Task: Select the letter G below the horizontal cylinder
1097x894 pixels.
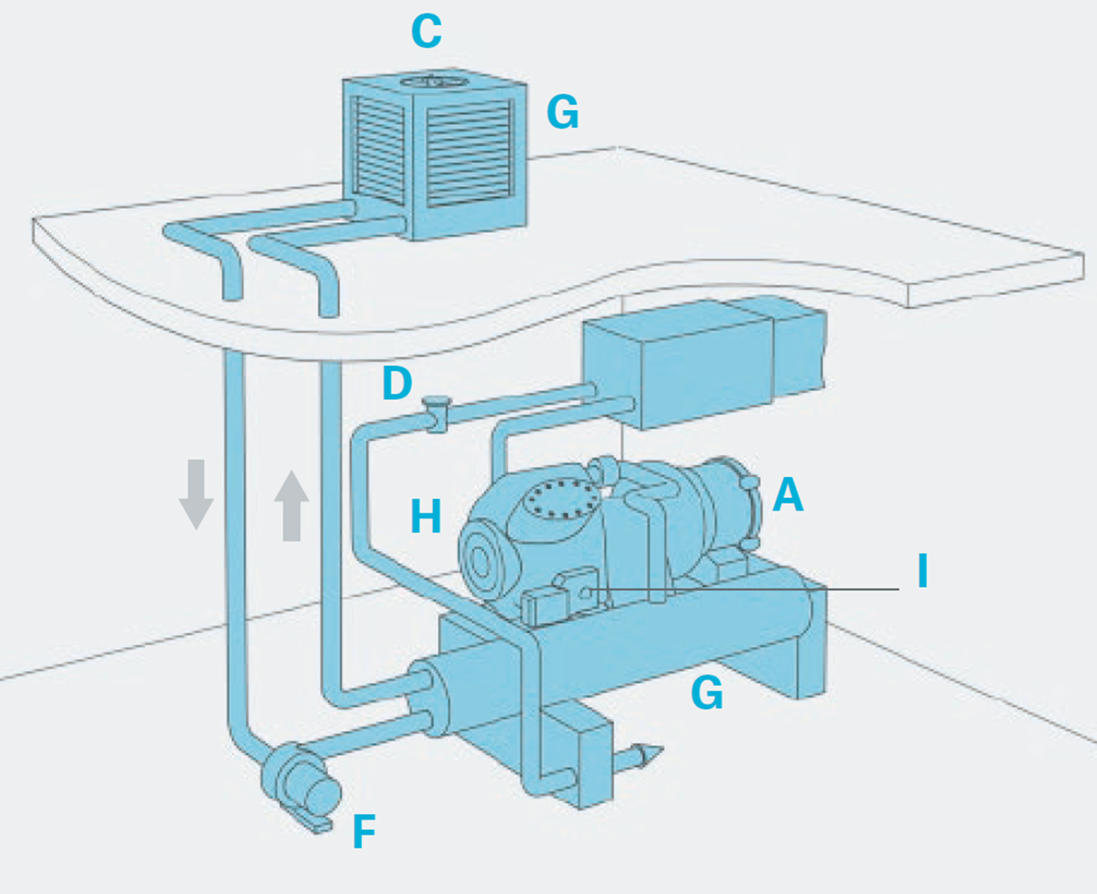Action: [707, 694]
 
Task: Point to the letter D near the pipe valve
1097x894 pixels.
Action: [397, 384]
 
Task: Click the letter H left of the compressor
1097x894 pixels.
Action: [426, 516]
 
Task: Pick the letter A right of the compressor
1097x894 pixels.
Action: [788, 495]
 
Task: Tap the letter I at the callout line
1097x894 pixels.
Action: [922, 571]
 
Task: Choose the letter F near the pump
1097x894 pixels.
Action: [364, 831]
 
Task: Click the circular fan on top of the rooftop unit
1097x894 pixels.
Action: [430, 82]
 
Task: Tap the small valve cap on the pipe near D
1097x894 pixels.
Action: [436, 401]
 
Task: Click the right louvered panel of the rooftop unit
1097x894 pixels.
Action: [470, 153]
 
